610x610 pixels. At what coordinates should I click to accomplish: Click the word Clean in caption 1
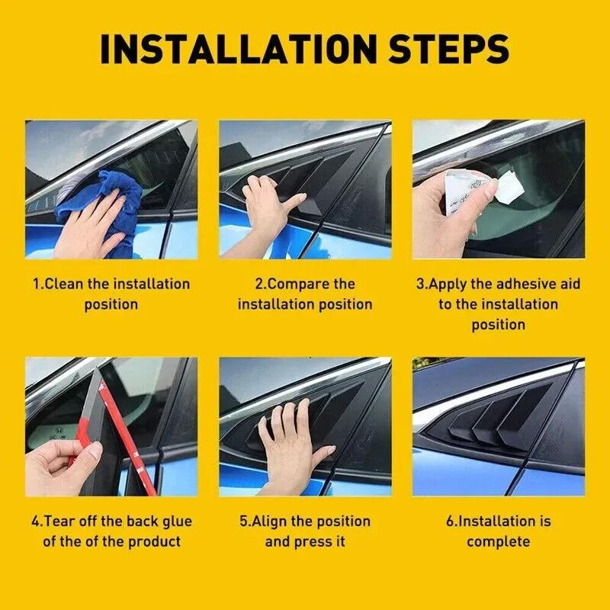tap(66, 284)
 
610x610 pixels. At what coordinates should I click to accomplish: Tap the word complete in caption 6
tap(498, 542)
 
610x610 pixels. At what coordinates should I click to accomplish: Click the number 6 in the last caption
tap(451, 522)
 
